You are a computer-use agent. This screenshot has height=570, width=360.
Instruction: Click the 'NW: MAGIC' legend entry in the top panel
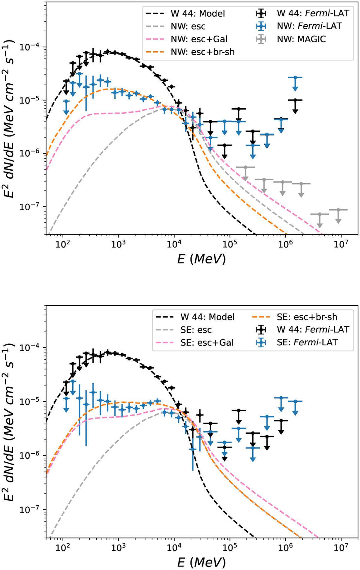[x=301, y=39]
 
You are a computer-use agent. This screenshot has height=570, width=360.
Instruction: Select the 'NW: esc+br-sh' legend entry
[x=203, y=52]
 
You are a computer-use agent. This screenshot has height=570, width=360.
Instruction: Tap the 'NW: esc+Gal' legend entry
[x=199, y=39]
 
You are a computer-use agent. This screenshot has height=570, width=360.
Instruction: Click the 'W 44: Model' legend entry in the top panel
[x=198, y=13]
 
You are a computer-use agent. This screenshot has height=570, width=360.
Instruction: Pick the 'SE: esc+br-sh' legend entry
[x=307, y=317]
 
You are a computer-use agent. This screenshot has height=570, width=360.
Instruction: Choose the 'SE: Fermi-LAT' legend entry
[x=307, y=342]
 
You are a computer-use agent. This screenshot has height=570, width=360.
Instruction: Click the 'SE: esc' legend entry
[x=196, y=330]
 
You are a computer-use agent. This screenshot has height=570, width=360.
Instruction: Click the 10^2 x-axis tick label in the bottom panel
[x=62, y=548]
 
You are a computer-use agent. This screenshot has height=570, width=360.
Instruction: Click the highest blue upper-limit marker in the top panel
[x=295, y=78]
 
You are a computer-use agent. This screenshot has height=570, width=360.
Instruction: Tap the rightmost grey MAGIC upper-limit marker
[x=338, y=210]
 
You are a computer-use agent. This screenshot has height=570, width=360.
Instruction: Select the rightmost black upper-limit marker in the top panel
[x=295, y=100]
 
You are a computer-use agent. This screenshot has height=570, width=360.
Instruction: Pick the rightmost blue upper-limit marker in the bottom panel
[x=295, y=401]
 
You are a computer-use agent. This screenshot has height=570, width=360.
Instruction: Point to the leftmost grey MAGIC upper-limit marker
[x=245, y=167]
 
